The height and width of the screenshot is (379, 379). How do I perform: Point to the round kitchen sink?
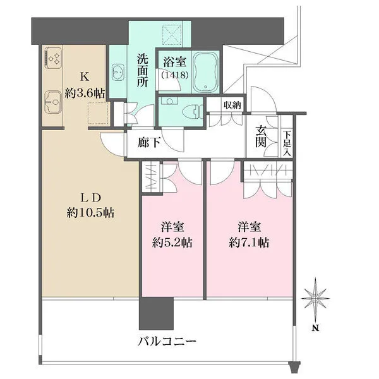click(51, 99)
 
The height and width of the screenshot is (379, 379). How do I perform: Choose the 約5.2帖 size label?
click(172, 242)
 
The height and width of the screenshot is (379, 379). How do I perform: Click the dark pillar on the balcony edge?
click(156, 311)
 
